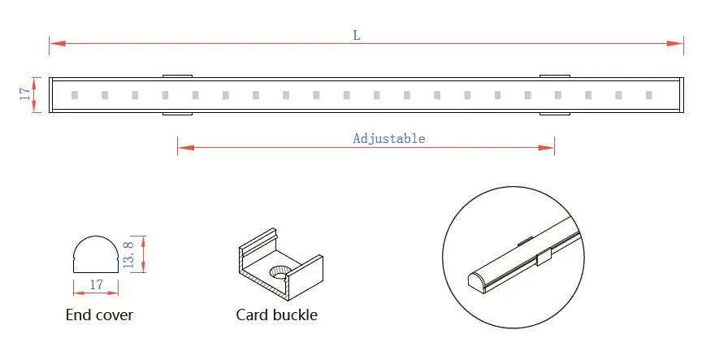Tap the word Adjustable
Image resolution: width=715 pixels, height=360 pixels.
click(388, 138)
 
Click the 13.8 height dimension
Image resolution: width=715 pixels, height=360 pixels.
click(128, 254)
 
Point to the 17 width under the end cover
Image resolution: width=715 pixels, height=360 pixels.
click(96, 284)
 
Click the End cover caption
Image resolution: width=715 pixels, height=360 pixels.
click(99, 314)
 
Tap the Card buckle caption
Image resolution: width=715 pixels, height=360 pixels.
click(276, 314)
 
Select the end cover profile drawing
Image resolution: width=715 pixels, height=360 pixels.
click(96, 253)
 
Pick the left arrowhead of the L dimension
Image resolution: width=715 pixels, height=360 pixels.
click(54, 42)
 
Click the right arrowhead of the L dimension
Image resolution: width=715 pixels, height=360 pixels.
click(678, 42)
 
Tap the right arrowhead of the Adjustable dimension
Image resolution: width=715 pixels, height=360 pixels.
click(549, 148)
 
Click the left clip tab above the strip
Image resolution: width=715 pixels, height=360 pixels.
click(176, 76)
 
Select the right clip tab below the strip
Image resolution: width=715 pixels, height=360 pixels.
click(554, 114)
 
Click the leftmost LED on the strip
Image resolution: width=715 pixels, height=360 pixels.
click(73, 95)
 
